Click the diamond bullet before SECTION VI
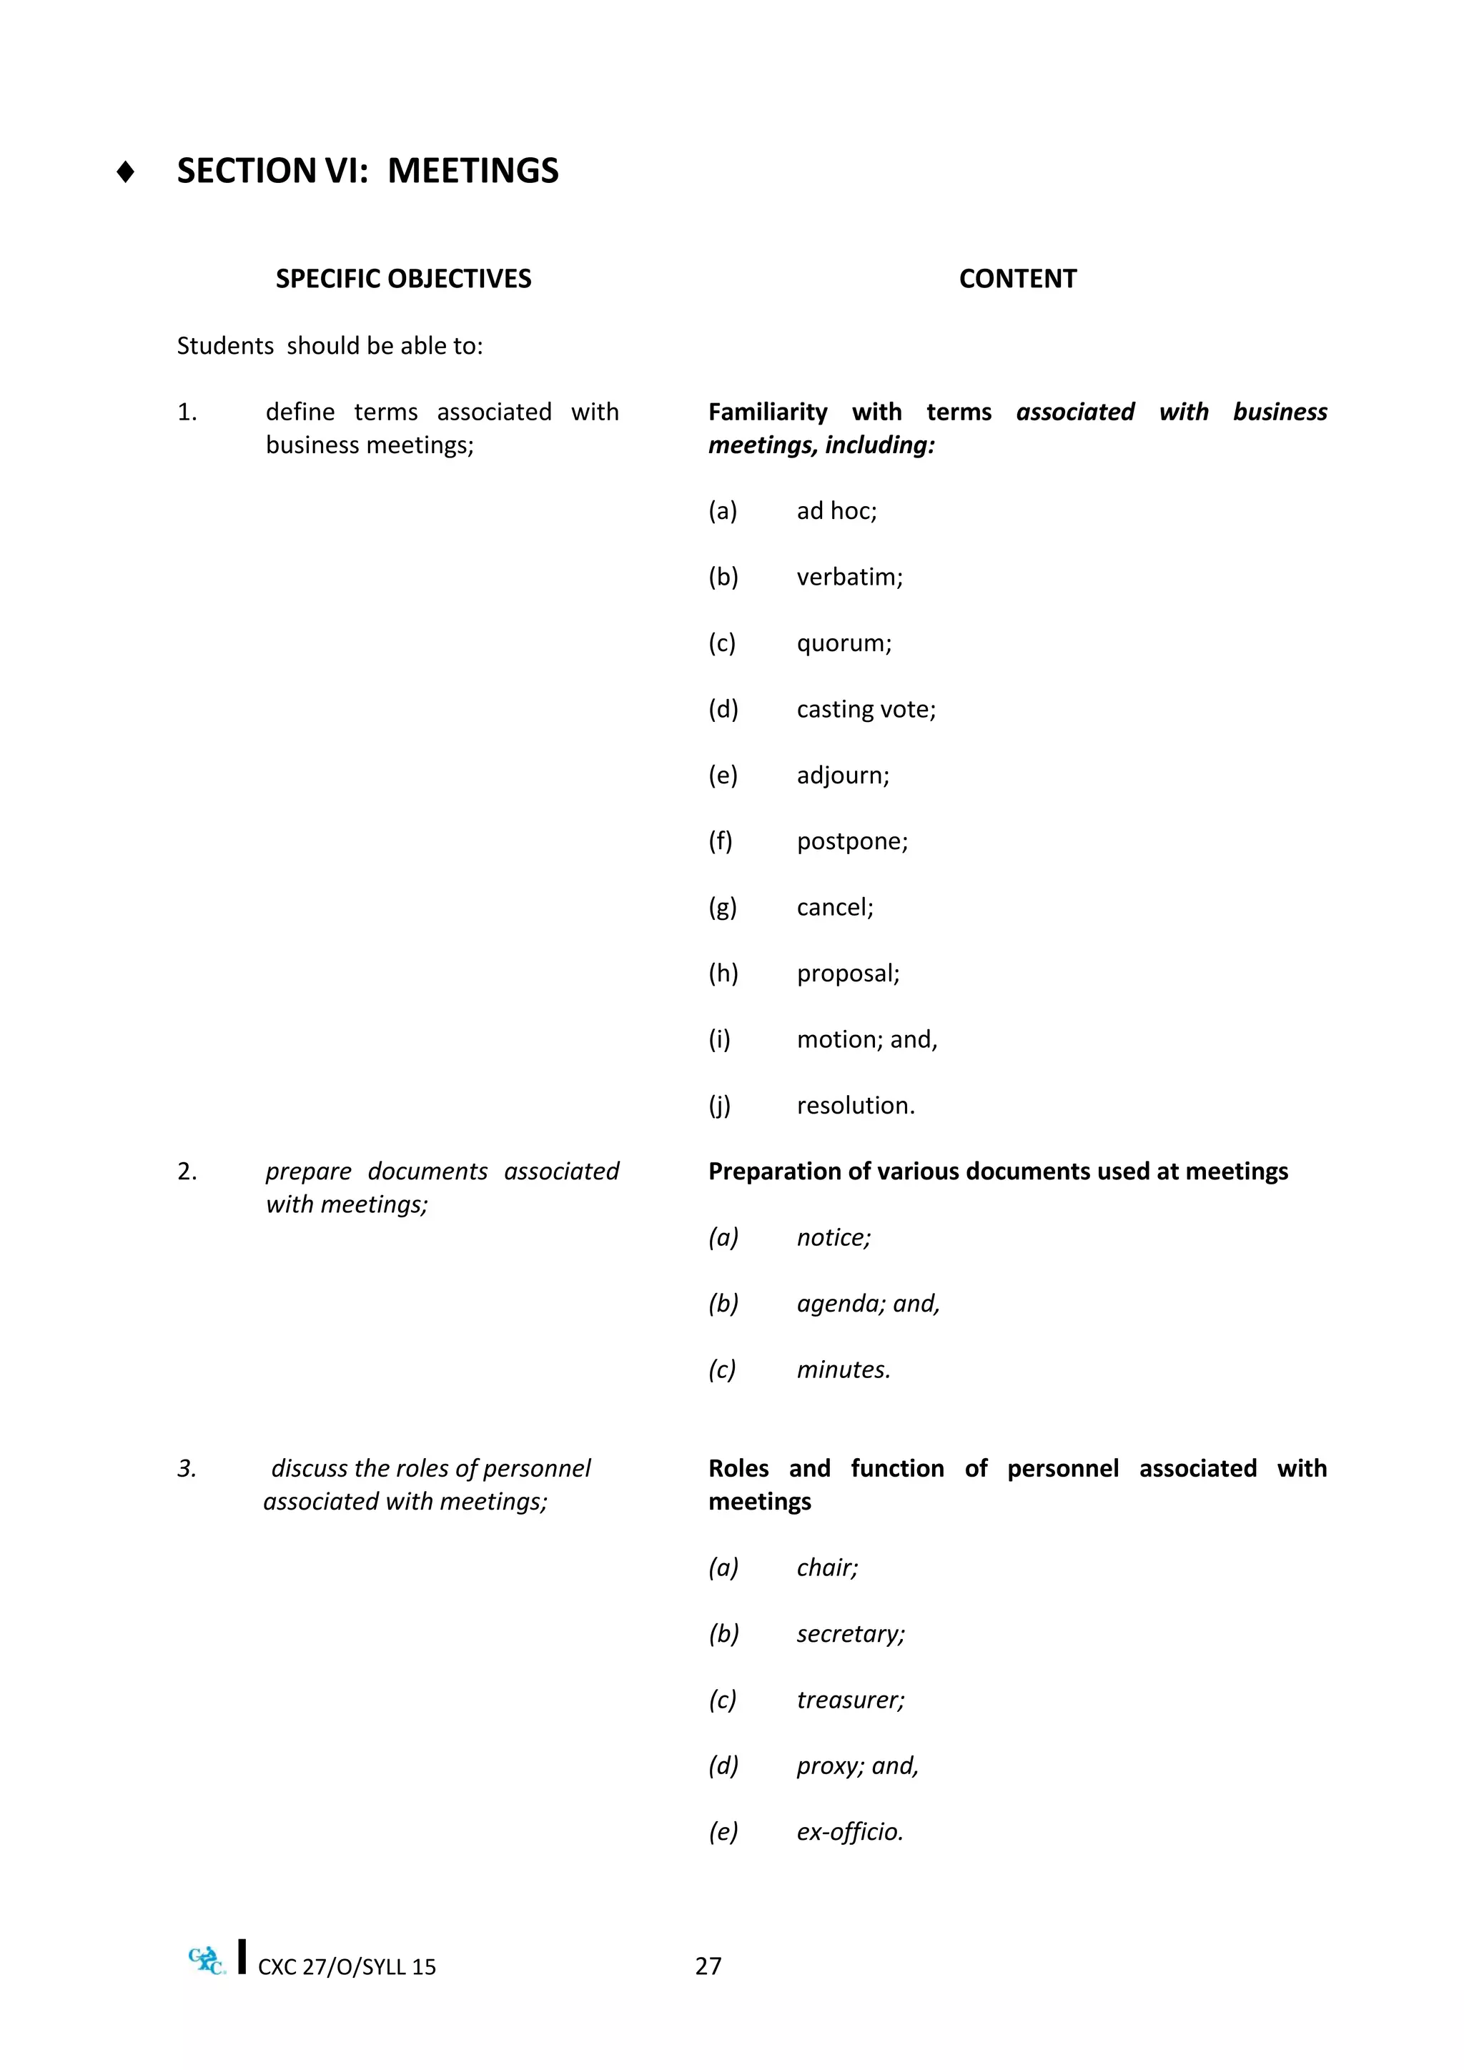(125, 172)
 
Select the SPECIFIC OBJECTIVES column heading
(403, 279)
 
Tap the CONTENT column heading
(1017, 279)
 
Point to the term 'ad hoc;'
(836, 511)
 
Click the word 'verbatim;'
(849, 577)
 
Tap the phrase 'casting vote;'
(866, 710)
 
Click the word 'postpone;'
(852, 841)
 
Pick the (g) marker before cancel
(722, 908)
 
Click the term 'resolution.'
(855, 1105)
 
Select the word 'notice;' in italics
(833, 1238)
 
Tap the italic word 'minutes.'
(843, 1370)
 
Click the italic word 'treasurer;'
(850, 1700)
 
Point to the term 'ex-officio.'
(849, 1832)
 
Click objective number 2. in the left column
(187, 1171)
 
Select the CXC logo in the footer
(207, 1960)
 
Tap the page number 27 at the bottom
(708, 1966)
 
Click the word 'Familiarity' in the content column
(767, 412)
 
